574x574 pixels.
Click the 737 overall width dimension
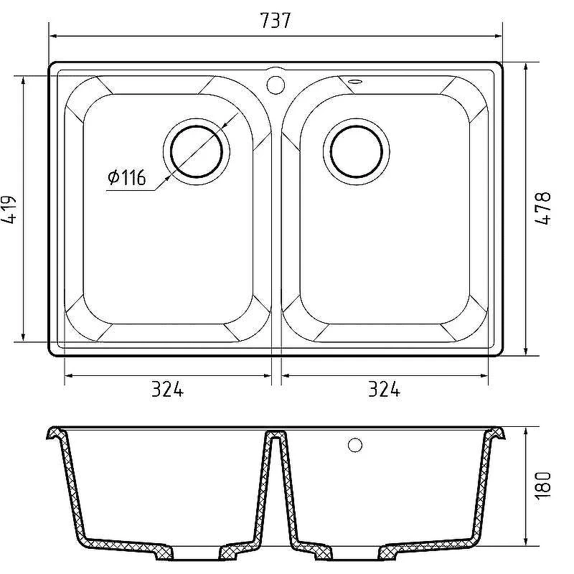point(276,21)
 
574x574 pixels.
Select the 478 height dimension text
point(543,208)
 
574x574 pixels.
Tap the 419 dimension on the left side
point(9,210)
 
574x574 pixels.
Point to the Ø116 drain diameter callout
point(127,177)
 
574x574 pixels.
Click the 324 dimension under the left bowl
point(167,389)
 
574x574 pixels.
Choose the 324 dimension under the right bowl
point(384,389)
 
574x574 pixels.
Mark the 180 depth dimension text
point(543,486)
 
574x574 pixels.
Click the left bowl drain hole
point(197,151)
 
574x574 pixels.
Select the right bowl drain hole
point(356,151)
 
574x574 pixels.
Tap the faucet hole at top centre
point(276,85)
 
